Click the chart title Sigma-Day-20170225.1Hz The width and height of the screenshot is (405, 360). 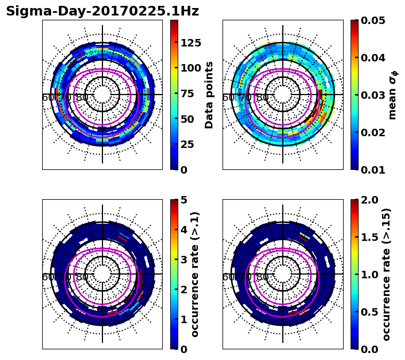pos(102,11)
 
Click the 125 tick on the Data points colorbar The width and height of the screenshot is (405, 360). pos(190,43)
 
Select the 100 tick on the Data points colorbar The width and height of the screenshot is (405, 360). pos(190,68)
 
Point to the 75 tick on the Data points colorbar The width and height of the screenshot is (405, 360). pos(187,94)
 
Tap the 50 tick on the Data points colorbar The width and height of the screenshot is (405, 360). pos(187,119)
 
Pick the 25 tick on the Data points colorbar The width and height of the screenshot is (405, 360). pos(187,145)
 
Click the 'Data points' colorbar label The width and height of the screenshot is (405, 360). pos(209,95)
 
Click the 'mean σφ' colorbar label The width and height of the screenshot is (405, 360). pos(393,95)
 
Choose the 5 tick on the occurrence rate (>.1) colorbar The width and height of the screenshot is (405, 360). pos(184,200)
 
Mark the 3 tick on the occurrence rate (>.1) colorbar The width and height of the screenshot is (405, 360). pos(184,260)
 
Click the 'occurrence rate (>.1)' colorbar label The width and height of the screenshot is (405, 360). pos(195,274)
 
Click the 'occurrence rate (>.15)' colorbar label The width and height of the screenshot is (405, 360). pos(386,274)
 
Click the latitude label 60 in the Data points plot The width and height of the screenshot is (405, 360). pos(47,98)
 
